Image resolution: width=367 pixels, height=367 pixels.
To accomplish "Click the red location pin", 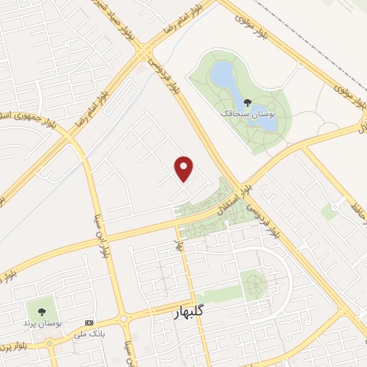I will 185,168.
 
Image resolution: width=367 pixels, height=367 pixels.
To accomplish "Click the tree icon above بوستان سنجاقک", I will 248,102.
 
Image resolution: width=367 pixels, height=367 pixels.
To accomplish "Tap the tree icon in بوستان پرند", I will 42,312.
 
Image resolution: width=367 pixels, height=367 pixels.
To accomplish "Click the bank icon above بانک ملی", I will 89,323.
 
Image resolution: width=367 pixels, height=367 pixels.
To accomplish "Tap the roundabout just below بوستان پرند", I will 52,343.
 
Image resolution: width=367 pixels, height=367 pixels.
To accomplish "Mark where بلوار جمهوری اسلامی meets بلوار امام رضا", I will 70,132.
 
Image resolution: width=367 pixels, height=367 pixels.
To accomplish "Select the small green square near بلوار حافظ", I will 330,211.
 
